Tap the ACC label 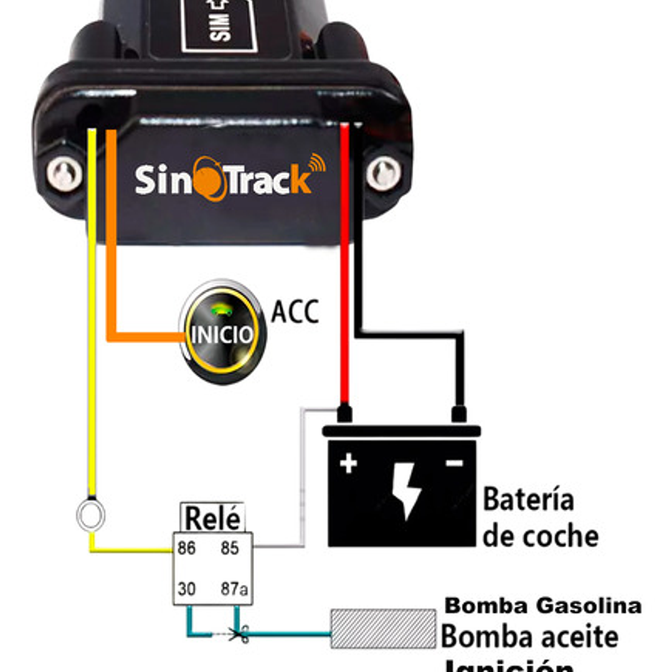click(x=295, y=312)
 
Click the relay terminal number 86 click(x=186, y=549)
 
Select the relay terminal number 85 click(x=230, y=549)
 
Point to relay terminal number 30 click(x=186, y=589)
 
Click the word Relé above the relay click(x=212, y=518)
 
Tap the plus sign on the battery click(x=348, y=463)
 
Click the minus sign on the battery click(x=455, y=463)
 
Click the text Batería click(x=528, y=500)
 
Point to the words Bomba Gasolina click(x=543, y=605)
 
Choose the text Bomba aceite click(x=529, y=637)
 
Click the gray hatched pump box click(x=383, y=628)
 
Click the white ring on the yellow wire click(x=91, y=516)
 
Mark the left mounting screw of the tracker click(x=65, y=174)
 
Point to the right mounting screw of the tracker click(x=383, y=174)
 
